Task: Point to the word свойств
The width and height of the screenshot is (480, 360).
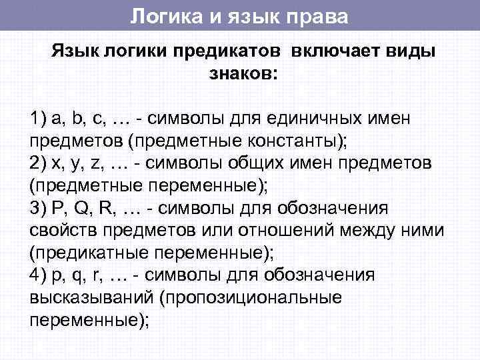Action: [x=61, y=231]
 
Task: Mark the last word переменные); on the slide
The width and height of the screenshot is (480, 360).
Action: [x=89, y=319]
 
